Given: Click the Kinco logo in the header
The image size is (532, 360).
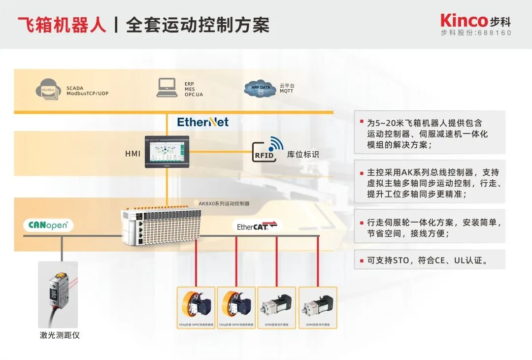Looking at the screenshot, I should [x=464, y=21].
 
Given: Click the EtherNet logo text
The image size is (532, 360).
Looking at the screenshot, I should [x=203, y=122].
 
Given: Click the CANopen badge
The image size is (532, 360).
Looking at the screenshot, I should [x=48, y=226].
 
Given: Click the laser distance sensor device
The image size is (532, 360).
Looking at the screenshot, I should [x=58, y=294].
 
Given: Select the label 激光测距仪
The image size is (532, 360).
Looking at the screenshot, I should [x=60, y=335].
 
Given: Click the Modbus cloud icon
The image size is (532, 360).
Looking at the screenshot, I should [x=47, y=90].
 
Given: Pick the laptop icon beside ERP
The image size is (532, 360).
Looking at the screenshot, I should [x=167, y=88].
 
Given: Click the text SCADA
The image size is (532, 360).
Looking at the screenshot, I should [x=75, y=88].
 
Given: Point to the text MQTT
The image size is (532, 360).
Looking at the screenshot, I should [x=287, y=91].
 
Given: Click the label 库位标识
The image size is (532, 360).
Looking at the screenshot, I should [x=303, y=154].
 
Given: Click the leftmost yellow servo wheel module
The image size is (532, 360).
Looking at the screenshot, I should [x=196, y=305].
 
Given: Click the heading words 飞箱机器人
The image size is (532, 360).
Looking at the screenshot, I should [x=62, y=24].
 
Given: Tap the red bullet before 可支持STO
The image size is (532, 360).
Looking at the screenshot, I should [x=362, y=259].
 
